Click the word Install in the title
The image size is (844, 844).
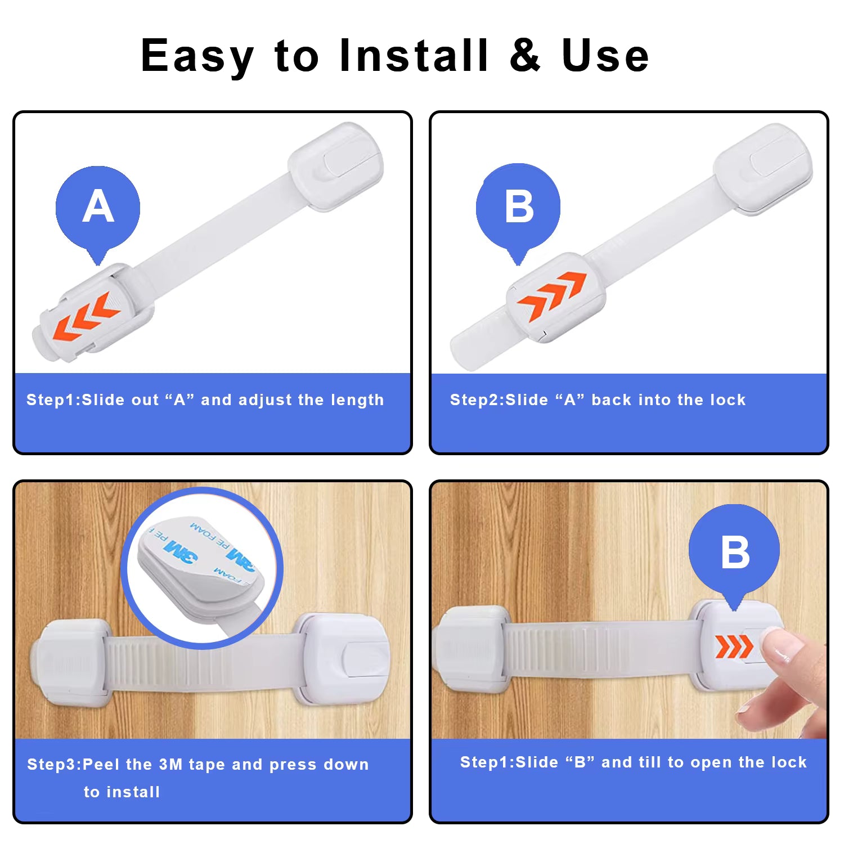click(414, 55)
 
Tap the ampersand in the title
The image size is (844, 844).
click(525, 55)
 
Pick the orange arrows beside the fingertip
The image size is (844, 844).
click(734, 647)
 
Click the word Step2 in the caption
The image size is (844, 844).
click(475, 400)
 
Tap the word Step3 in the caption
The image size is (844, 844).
click(52, 765)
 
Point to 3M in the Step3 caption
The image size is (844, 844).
click(170, 765)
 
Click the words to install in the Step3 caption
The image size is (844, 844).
click(122, 792)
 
